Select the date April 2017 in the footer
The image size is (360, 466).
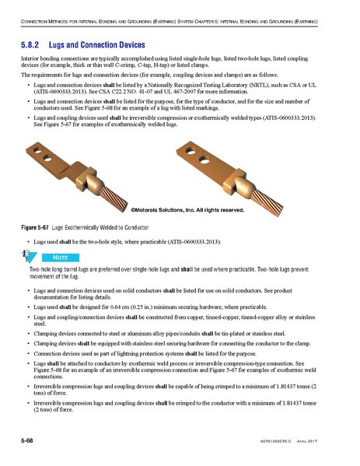[x=330, y=441]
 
